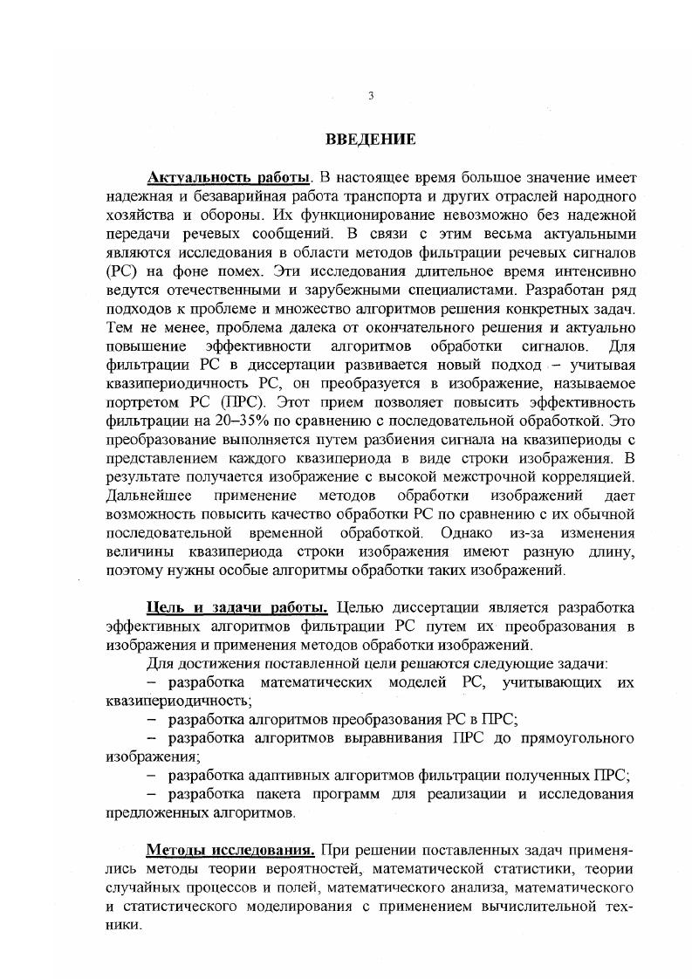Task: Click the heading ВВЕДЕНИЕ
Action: [x=370, y=140]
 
